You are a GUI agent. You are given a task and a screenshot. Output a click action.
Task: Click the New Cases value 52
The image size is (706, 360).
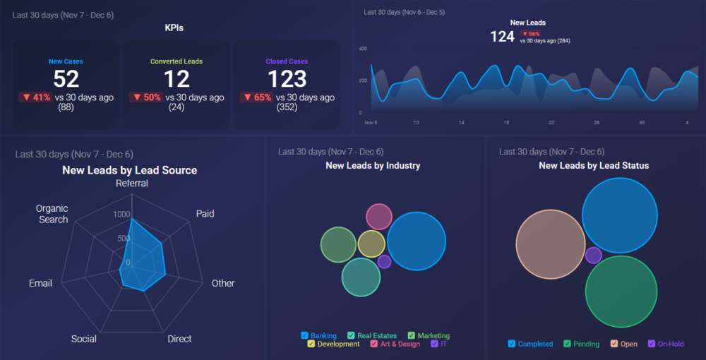tap(66, 78)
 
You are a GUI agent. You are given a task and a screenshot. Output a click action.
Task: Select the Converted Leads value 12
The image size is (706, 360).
tap(176, 78)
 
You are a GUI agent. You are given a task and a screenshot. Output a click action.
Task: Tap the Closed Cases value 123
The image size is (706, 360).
tap(287, 78)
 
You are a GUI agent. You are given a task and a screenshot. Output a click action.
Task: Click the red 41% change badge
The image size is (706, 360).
tap(35, 97)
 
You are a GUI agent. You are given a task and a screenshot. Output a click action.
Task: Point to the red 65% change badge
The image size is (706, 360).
tap(256, 97)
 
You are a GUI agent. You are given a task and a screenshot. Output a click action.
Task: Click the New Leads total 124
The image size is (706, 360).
tap(502, 37)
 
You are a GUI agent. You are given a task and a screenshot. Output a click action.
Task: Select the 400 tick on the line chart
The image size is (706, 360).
tap(363, 49)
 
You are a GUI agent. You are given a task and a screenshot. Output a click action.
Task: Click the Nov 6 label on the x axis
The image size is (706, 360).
tap(371, 123)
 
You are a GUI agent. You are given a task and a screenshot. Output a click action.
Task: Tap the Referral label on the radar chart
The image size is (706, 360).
tap(132, 184)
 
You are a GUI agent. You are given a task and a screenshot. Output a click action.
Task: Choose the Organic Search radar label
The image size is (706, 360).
tap(53, 214)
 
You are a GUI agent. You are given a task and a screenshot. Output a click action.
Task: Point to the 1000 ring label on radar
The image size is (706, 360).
tap(121, 214)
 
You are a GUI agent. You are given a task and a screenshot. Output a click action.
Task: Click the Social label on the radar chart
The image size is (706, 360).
tap(84, 339)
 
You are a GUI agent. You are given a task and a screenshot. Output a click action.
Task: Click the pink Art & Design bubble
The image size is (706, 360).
tap(379, 217)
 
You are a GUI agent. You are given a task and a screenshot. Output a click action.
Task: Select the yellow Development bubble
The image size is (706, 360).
tap(371, 244)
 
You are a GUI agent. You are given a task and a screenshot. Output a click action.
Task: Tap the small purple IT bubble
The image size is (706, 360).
tap(384, 262)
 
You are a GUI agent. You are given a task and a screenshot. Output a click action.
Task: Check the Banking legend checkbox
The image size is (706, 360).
tap(305, 336)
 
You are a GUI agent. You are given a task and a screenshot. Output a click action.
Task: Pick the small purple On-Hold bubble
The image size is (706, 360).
tap(594, 256)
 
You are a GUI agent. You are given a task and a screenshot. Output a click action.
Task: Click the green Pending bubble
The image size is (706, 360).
tap(621, 292)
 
